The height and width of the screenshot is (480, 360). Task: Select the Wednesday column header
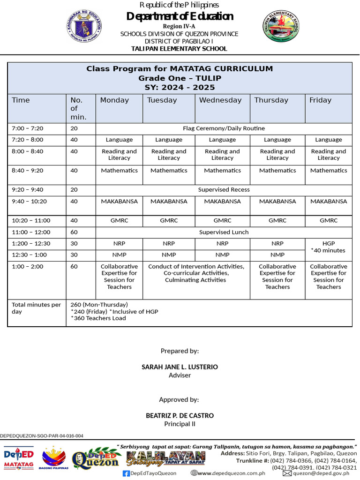(x=220, y=100)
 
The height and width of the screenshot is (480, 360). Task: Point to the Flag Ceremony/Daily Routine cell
(x=224, y=128)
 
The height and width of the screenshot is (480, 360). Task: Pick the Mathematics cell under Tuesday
(x=169, y=171)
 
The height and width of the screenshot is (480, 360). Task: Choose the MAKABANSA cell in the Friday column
(x=328, y=202)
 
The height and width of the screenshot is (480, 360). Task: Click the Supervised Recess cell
(x=224, y=190)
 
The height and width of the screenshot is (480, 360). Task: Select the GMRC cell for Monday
(x=119, y=221)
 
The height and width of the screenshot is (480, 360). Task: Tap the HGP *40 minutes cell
(x=328, y=247)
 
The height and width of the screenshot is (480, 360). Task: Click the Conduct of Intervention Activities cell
(x=196, y=273)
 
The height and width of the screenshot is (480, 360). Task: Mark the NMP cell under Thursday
(x=277, y=255)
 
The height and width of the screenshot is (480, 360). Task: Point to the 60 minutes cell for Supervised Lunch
(x=74, y=232)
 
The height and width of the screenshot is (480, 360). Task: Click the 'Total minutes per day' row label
(x=36, y=308)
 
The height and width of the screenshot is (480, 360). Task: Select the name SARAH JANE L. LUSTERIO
(x=180, y=367)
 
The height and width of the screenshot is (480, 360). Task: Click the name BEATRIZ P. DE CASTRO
(x=180, y=416)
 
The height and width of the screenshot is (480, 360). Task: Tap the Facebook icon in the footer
(x=126, y=473)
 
